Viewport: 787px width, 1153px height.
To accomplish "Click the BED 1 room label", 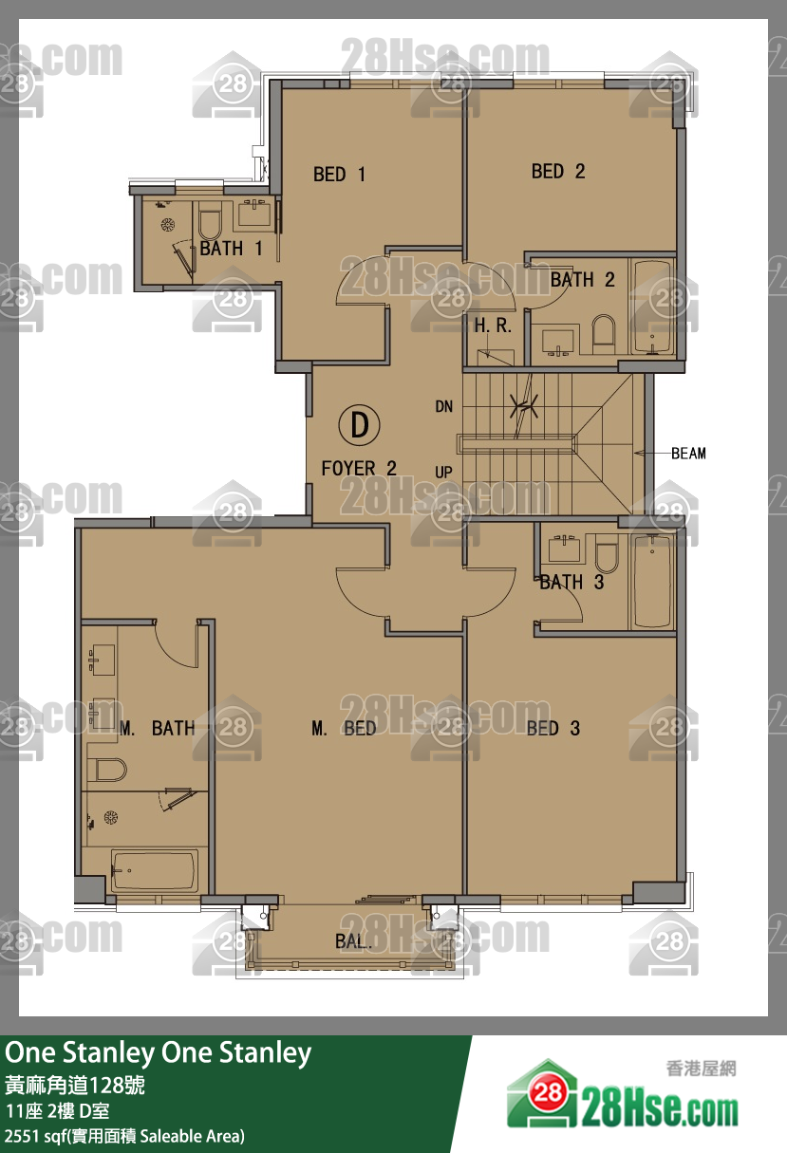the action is point(340,175).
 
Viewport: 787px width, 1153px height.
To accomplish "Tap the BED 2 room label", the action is point(558,172).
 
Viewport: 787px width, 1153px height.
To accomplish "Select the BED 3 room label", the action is point(553,729).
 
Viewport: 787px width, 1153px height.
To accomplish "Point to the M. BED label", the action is point(344,729).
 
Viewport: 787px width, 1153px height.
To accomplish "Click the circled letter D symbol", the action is point(360,425).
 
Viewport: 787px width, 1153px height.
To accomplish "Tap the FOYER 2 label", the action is point(359,469).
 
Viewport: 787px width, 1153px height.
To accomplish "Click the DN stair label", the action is point(444,407).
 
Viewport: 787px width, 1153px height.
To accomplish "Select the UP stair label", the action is point(443,472).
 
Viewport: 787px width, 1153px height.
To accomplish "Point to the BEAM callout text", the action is point(688,454).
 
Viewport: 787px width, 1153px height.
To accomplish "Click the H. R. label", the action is point(493,325).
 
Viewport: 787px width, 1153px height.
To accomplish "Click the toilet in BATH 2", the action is point(604,334).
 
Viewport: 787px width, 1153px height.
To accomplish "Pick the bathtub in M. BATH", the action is point(155,870).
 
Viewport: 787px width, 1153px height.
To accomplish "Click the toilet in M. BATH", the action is point(106,770).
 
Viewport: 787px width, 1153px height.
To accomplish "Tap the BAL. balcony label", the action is point(353,941).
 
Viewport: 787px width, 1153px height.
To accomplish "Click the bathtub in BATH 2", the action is point(652,307).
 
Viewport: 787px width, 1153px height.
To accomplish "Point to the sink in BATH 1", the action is point(253,214).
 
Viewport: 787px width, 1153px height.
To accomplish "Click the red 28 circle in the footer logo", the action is point(548,1091).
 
